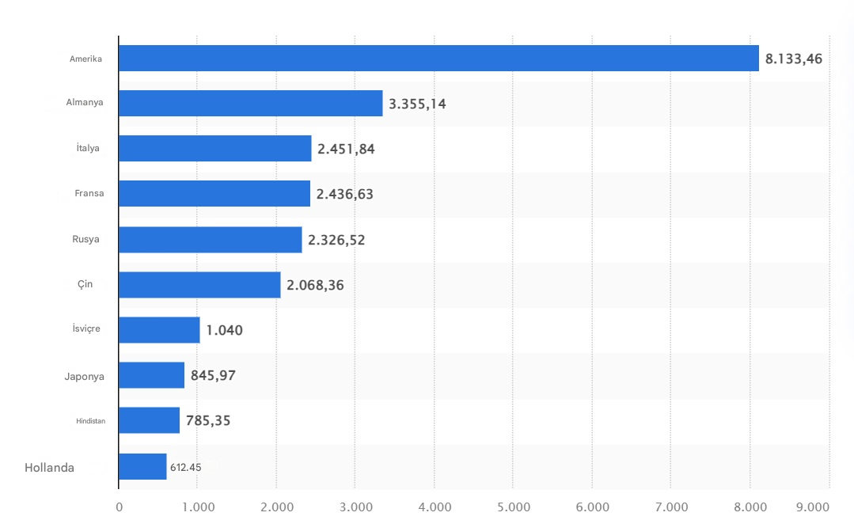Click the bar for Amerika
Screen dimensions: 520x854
click(438, 59)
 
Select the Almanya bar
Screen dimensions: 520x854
click(250, 103)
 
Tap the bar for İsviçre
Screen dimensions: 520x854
click(159, 330)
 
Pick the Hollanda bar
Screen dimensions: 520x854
click(142, 467)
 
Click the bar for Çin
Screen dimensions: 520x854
click(199, 285)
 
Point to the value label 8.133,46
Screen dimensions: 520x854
click(794, 59)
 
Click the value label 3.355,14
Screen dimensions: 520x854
click(417, 104)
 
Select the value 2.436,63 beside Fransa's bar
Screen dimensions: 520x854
click(345, 194)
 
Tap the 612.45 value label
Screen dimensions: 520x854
click(185, 468)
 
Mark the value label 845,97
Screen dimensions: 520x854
click(213, 375)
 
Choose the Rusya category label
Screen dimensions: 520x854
click(85, 239)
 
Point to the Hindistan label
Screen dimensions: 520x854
click(90, 421)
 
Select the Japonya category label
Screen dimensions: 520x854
click(84, 376)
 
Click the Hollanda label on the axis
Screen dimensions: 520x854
click(49, 468)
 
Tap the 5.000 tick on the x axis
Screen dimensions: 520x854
click(513, 507)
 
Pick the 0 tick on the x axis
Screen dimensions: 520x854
click(119, 507)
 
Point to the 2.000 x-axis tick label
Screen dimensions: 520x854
click(276, 507)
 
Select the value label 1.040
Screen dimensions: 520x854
click(224, 330)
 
